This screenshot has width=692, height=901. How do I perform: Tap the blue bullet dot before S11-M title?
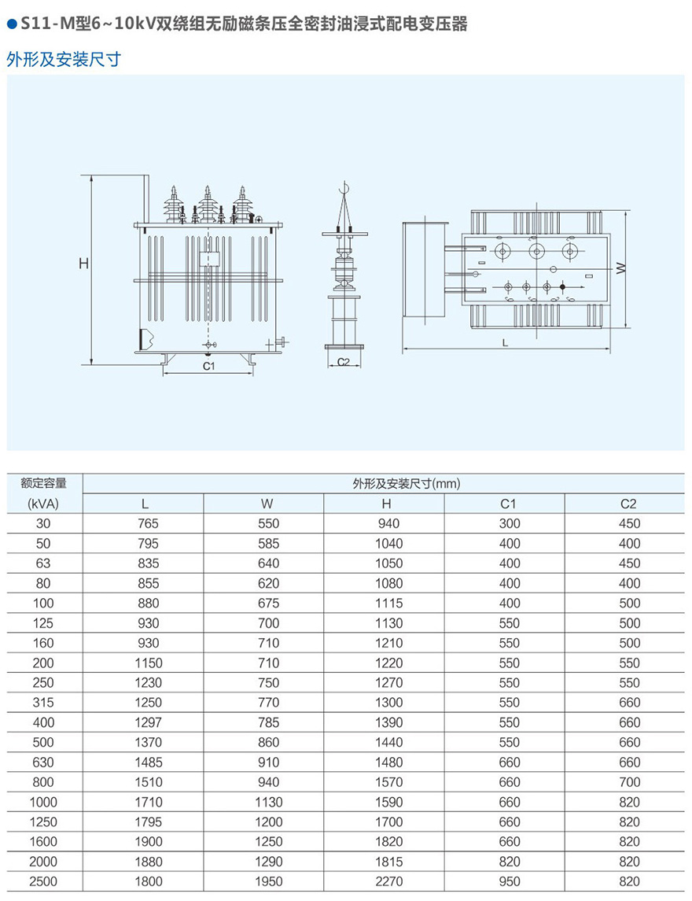11,25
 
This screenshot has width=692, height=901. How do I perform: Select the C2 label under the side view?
343,362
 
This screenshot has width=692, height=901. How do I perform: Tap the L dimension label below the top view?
505,343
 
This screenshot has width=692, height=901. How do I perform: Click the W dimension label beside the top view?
620,268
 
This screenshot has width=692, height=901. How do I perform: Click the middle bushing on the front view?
208,206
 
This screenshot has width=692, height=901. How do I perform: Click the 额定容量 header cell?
44,483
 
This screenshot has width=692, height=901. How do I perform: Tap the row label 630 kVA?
43,763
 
